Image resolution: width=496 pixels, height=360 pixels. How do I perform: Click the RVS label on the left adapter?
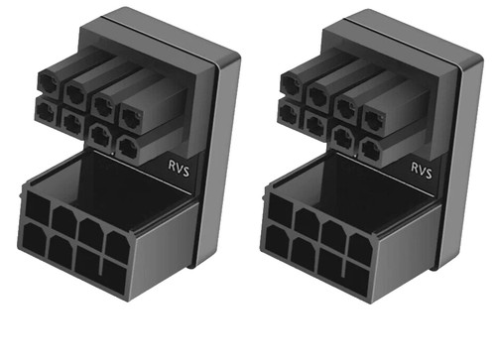point(179,169)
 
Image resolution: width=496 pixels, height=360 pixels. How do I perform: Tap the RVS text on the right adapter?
point(422,170)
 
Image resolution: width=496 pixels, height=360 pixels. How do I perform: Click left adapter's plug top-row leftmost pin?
point(49,83)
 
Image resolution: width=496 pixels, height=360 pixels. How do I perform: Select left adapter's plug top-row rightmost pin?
point(131,117)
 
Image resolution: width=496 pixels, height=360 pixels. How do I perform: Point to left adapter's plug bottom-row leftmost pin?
point(46,111)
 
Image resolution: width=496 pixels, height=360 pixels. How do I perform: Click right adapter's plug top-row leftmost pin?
point(292,85)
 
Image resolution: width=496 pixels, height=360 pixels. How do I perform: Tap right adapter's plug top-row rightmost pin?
point(374,119)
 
